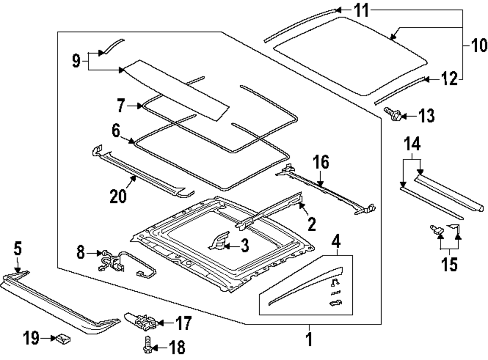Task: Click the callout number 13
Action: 425,116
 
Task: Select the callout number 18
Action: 176,347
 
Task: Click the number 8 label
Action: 81,253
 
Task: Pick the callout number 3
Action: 244,246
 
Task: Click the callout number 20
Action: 118,196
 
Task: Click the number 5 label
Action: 17,249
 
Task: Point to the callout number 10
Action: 479,46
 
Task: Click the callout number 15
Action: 448,264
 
